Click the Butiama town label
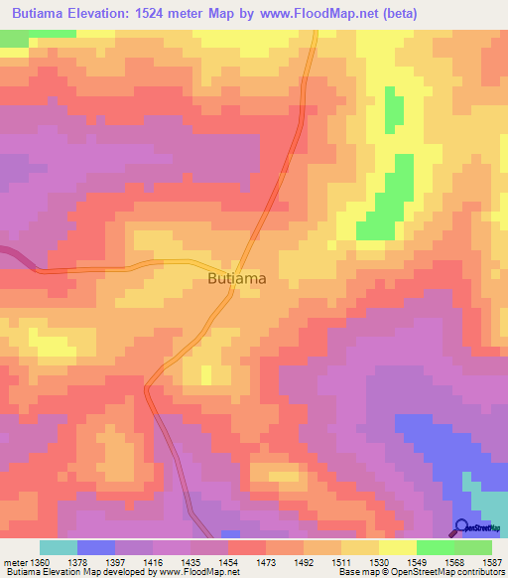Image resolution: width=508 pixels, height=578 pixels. [237, 279]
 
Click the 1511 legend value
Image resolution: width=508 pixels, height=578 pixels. [342, 561]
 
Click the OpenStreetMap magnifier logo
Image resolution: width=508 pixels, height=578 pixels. [462, 527]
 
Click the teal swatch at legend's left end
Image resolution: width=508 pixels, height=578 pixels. [59, 547]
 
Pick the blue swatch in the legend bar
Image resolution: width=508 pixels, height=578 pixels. [96, 547]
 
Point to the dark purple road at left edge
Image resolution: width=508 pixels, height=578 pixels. [12, 255]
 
